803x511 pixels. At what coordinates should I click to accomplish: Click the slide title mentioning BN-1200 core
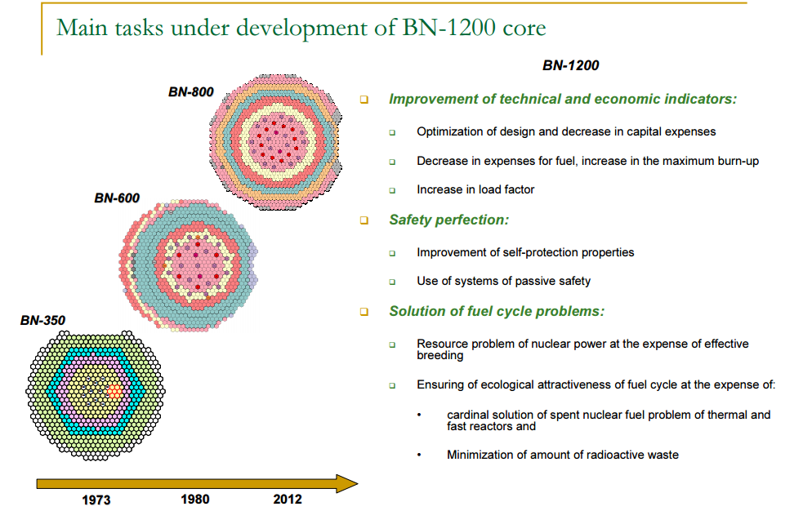pyautogui.click(x=301, y=28)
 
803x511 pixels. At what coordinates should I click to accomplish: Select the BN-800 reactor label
pyautogui.click(x=190, y=92)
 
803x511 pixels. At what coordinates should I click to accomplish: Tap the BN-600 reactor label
pyautogui.click(x=117, y=198)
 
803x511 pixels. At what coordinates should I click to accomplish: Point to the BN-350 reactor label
pyautogui.click(x=42, y=321)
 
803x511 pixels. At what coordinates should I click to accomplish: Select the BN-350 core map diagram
pyautogui.click(x=98, y=390)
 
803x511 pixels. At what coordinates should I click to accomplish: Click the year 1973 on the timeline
pyautogui.click(x=96, y=500)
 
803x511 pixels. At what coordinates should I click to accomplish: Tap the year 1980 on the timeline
pyautogui.click(x=194, y=499)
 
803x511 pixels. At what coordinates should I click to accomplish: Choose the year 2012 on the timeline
pyautogui.click(x=287, y=499)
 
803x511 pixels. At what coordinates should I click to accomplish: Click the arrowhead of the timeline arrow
pyautogui.click(x=346, y=484)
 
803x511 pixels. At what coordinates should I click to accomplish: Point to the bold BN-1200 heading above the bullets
pyautogui.click(x=570, y=65)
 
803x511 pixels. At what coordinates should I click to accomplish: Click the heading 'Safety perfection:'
pyautogui.click(x=448, y=220)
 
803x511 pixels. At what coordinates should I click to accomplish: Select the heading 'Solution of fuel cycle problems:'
pyautogui.click(x=496, y=311)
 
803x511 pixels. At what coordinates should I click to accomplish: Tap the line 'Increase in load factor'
pyautogui.click(x=475, y=189)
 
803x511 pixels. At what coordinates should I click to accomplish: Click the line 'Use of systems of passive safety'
pyautogui.click(x=503, y=281)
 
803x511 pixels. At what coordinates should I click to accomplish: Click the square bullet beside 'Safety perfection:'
pyautogui.click(x=364, y=220)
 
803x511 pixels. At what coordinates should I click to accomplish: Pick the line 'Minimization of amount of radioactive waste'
pyautogui.click(x=562, y=455)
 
